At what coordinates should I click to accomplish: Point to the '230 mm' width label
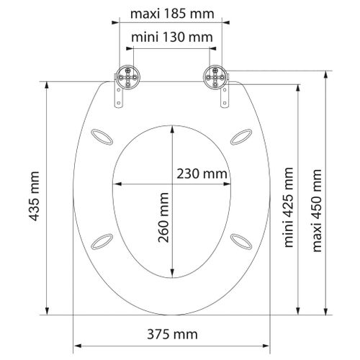click(202, 174)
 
